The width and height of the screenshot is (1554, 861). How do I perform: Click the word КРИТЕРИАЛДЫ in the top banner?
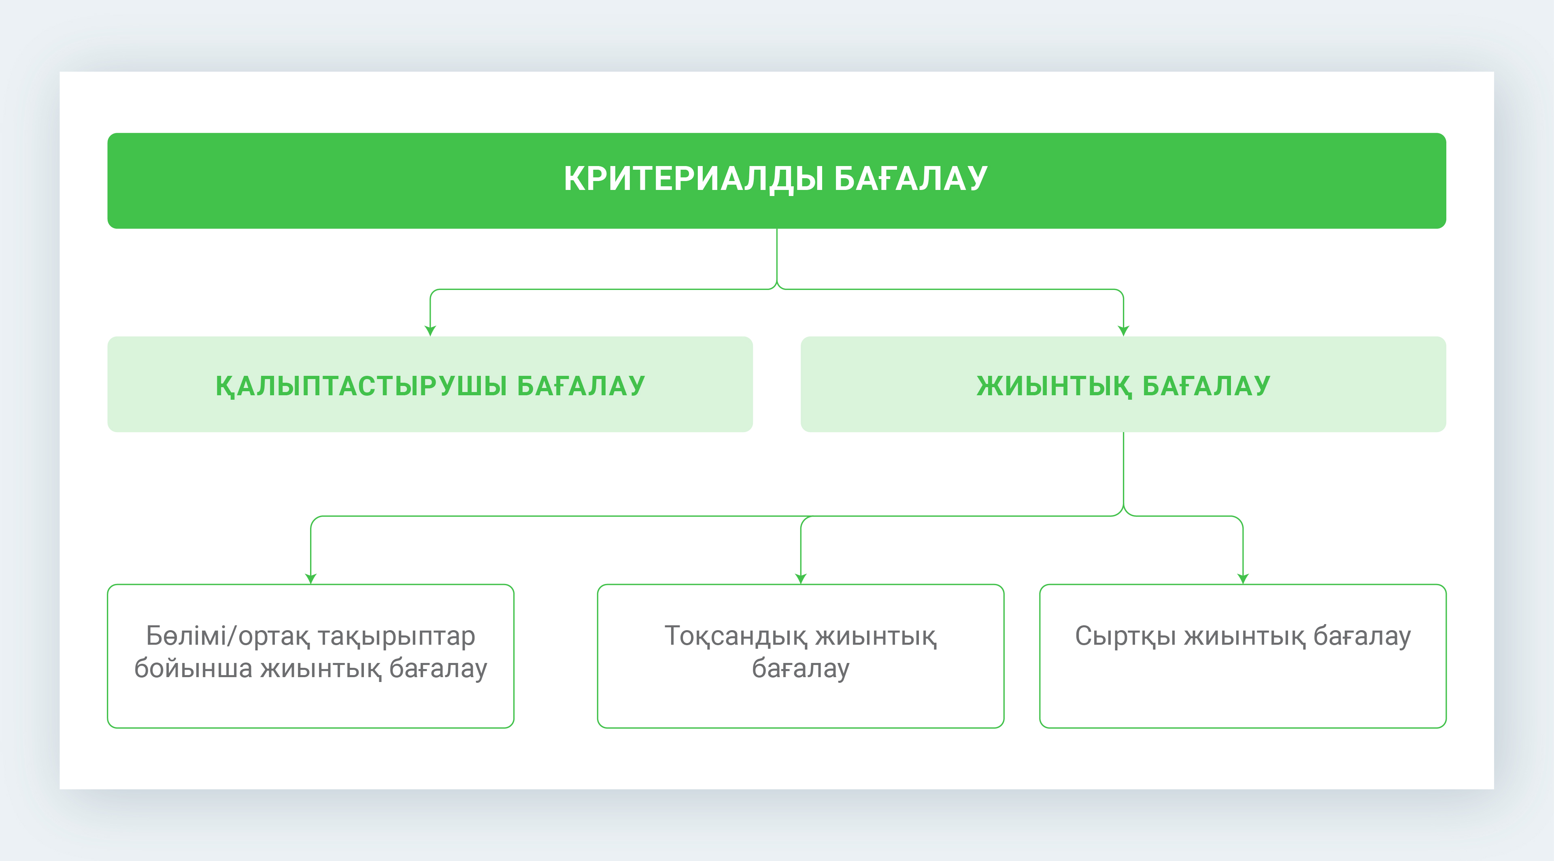click(694, 179)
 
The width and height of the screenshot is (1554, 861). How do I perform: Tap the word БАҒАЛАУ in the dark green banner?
click(911, 179)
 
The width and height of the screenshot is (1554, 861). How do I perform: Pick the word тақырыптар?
click(396, 637)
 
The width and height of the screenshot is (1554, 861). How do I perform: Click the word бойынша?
click(193, 669)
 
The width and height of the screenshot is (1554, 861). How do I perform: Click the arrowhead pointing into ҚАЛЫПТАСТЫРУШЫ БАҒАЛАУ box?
click(430, 331)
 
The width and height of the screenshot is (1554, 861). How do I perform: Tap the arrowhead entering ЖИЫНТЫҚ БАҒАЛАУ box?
click(1123, 331)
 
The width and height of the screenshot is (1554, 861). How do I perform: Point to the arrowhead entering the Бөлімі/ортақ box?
click(311, 579)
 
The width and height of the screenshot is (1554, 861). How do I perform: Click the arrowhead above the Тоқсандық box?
click(801, 579)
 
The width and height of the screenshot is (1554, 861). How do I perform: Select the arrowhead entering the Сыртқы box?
click(1243, 579)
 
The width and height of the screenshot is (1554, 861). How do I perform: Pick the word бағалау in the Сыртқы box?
click(1362, 637)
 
